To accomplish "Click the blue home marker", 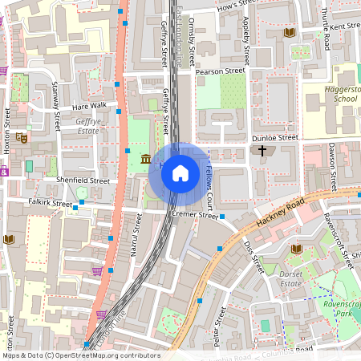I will tap(180, 172).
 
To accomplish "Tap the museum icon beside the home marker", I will tap(146, 159).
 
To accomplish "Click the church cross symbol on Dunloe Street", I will tap(262, 150).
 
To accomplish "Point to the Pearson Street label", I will tap(221, 71).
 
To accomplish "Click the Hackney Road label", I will tap(277, 213).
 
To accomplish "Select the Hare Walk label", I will tap(89, 106).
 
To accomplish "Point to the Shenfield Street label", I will tap(83, 181).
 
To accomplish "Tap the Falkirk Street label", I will tap(50, 203).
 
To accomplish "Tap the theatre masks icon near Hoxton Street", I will tap(22, 138).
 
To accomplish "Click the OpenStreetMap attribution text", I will tap(80, 355).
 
